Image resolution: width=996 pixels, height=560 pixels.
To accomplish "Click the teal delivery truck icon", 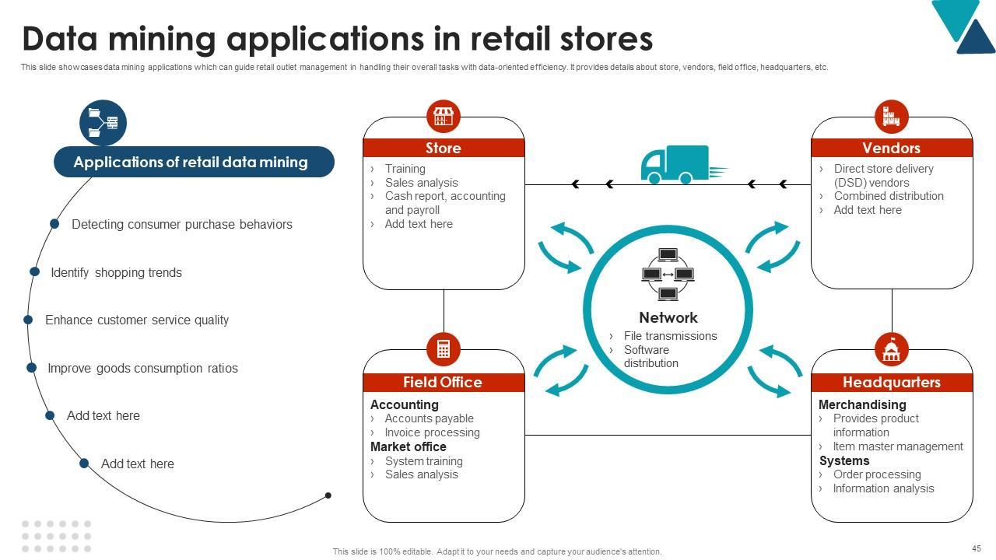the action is tap(683, 164).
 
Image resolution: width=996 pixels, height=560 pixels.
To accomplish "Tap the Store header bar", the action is tap(444, 148).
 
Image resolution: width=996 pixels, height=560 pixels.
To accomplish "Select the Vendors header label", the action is tap(892, 148).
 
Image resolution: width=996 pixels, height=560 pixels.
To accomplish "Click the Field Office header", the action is tap(444, 382).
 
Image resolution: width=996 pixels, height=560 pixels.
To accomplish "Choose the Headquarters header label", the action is tap(892, 382).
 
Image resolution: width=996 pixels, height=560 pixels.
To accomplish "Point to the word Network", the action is tap(668, 317).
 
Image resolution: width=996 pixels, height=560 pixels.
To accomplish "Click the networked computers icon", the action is tap(668, 275).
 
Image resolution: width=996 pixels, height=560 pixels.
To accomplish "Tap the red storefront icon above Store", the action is tap(444, 117).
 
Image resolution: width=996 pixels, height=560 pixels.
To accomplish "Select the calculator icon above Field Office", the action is tap(444, 349).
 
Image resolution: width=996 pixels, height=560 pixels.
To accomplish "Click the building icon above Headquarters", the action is tap(892, 349).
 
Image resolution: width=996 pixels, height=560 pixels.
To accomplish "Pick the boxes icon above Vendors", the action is tap(892, 117).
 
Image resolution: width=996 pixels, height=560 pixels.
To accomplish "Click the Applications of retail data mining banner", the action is tap(194, 162).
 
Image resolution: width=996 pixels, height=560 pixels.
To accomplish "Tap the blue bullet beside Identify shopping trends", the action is tap(35, 271).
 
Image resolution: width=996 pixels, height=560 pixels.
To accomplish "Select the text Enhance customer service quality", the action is tap(137, 320).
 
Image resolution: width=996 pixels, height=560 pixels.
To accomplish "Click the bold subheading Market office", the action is tap(409, 446).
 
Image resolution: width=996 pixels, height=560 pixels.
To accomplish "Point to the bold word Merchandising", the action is tap(862, 404).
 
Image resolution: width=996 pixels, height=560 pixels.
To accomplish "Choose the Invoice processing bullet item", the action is tap(432, 432).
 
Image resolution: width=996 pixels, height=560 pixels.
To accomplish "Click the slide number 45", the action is tap(977, 548).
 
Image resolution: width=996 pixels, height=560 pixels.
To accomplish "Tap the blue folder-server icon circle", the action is tap(103, 123).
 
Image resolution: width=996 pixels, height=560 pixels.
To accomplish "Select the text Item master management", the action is tap(898, 446).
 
